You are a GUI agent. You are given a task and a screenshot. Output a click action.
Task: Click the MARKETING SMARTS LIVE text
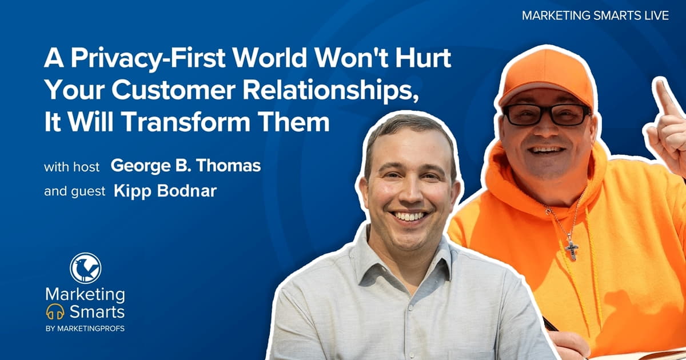click(x=595, y=16)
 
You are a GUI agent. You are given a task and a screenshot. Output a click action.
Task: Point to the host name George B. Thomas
click(x=186, y=166)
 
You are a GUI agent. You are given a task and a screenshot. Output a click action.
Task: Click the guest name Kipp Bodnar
click(x=165, y=191)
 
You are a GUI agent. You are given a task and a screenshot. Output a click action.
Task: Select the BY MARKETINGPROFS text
click(x=85, y=330)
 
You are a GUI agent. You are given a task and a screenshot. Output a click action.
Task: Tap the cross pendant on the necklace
click(x=571, y=249)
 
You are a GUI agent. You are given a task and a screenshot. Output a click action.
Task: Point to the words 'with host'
click(x=72, y=167)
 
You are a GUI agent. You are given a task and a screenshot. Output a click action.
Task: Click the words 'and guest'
click(x=74, y=191)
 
